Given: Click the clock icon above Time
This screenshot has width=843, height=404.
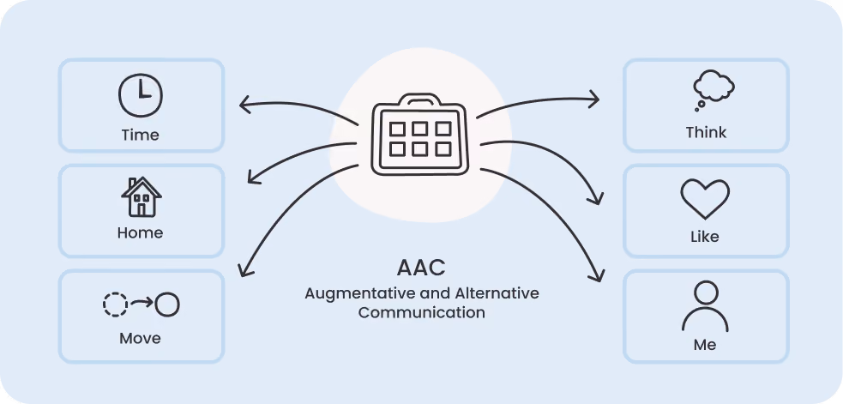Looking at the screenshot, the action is point(141,95).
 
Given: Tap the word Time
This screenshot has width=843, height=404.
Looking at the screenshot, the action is point(141,135).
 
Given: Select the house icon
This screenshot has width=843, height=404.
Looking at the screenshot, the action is point(142,197).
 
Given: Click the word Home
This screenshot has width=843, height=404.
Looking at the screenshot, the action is point(141,232).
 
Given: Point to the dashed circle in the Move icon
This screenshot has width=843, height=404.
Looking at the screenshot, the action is point(115,305).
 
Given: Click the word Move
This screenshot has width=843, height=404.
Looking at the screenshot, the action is point(141,338).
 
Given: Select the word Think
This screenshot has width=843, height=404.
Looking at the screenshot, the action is point(706,132).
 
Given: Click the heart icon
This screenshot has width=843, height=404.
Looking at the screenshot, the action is point(705,198).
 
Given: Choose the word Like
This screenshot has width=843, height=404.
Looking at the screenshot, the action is point(705,237).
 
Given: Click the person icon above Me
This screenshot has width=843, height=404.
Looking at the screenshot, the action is point(706,307).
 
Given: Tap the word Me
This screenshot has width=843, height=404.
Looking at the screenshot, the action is point(705,344).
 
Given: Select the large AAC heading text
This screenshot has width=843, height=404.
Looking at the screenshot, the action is point(422,268).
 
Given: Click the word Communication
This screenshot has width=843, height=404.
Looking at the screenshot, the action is point(422,312).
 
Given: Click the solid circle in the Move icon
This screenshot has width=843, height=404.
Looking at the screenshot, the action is point(167,305).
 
